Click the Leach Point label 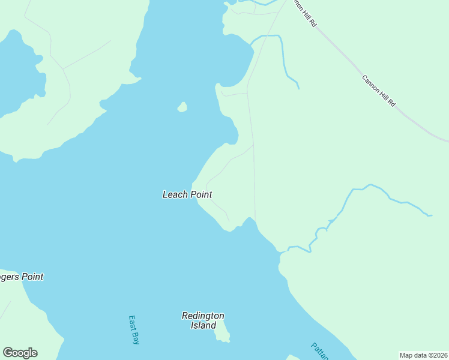pos(187,194)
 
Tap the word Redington pos(203,316)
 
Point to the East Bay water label pos(134,329)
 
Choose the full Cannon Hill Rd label pos(379,91)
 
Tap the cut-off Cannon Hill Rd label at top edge pos(304,13)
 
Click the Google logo pos(20,353)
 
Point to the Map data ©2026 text pos(423,355)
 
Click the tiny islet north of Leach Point pos(182,107)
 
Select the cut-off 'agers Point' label pos(22,277)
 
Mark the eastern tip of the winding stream pos(430,215)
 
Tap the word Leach pos(175,194)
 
